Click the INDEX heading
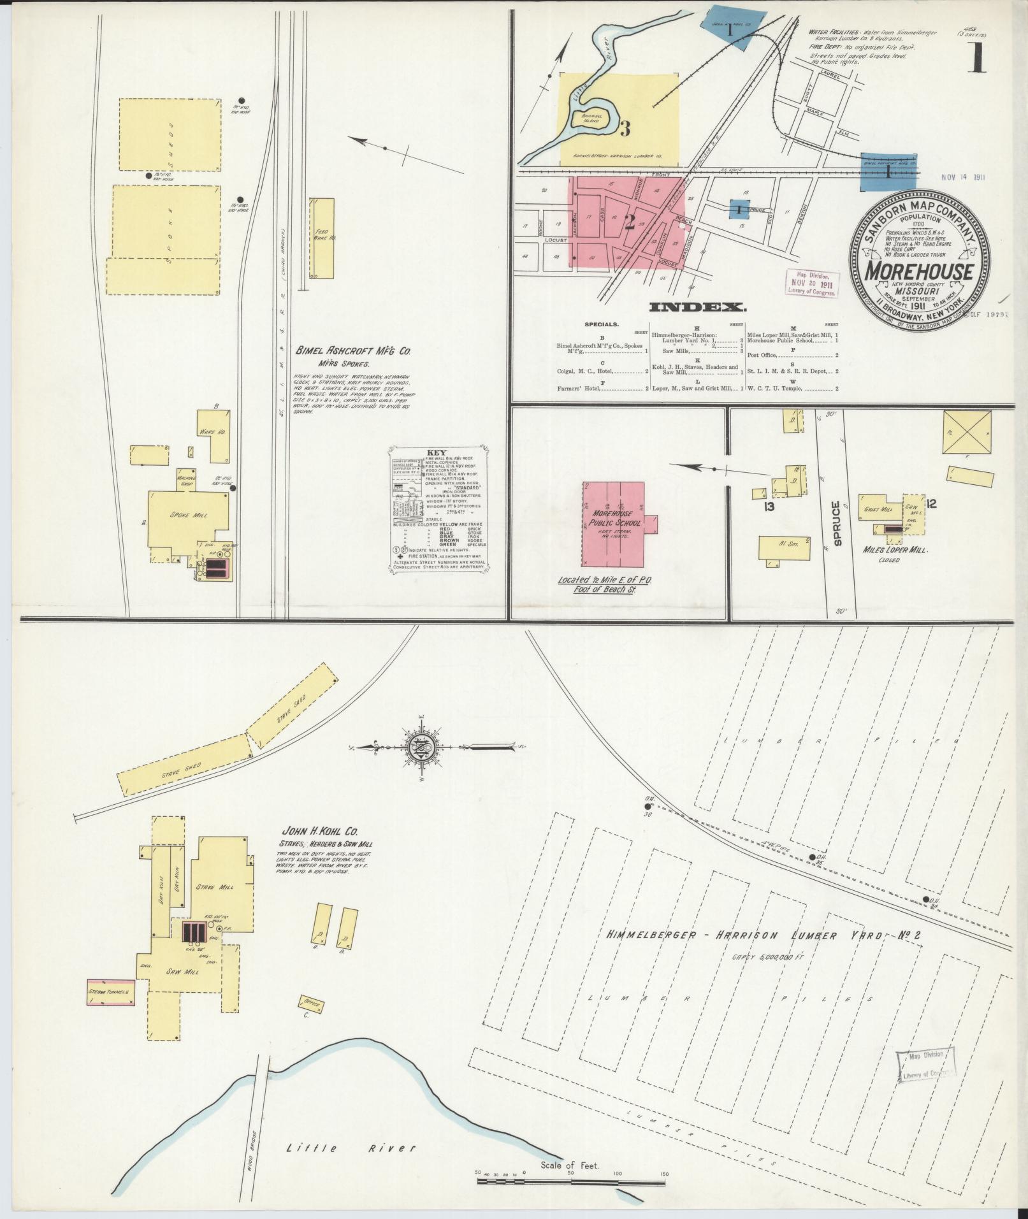pos(698,308)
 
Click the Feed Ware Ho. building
pos(322,238)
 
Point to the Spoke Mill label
pos(190,515)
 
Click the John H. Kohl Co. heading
pos(319,831)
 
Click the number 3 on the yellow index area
pos(625,129)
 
